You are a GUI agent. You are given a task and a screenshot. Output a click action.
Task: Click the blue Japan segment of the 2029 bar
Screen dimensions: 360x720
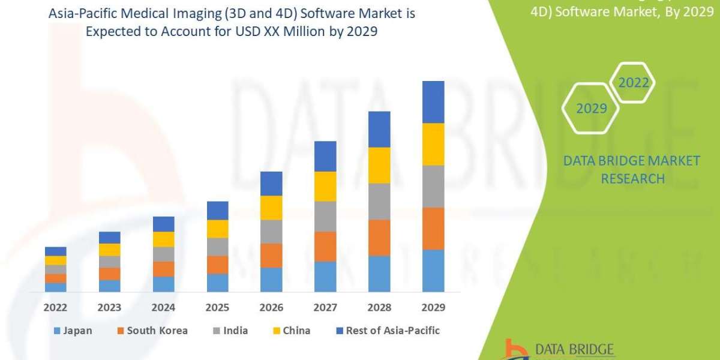coord(433,271)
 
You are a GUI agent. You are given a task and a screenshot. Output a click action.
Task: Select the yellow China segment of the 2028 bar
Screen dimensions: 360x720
coord(379,165)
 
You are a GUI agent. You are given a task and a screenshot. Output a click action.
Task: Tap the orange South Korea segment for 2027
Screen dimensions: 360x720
coord(325,246)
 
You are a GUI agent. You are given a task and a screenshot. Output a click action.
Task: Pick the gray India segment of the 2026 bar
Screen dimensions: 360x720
coord(271,231)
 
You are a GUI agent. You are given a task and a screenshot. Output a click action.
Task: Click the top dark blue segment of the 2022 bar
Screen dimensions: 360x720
coord(56,251)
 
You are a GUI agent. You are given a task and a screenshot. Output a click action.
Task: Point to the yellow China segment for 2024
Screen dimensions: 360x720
coord(164,239)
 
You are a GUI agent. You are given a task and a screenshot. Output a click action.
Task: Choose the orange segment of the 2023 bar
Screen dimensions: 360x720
coord(110,274)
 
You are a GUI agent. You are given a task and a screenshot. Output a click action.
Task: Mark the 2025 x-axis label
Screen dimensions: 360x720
coord(218,307)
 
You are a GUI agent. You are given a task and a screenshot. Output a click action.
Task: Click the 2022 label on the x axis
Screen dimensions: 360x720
coord(56,307)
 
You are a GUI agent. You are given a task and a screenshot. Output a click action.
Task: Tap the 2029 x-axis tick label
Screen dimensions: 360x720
coord(433,307)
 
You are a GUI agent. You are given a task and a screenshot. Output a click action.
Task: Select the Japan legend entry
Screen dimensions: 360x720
coord(73,331)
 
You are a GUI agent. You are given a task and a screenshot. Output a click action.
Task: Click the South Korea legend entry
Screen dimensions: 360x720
coord(152,331)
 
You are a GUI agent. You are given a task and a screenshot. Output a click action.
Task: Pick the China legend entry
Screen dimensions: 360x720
coord(292,331)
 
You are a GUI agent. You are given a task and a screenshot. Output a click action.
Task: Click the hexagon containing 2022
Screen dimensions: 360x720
coord(634,83)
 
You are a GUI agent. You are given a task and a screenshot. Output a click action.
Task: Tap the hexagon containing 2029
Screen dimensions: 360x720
coord(591,109)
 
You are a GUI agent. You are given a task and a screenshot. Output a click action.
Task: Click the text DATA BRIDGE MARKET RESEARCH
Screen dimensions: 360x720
coord(632,169)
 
